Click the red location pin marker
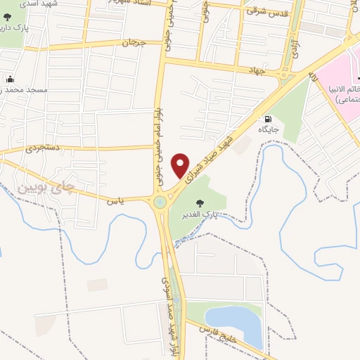point(181,165)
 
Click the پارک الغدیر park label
point(200,214)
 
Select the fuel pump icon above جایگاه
point(268,119)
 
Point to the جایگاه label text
point(268,130)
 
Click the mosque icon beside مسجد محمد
point(10,79)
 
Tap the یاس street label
point(112,200)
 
